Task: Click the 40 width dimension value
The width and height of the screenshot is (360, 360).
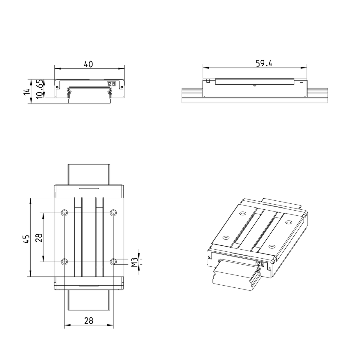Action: pyautogui.click(x=88, y=64)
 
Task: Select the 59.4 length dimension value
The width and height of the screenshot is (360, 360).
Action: pyautogui.click(x=264, y=64)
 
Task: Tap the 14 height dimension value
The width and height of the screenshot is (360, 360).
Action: pyautogui.click(x=27, y=92)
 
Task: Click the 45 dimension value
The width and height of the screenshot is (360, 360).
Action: pyautogui.click(x=26, y=239)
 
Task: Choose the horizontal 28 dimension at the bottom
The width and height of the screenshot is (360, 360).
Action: pyautogui.click(x=88, y=321)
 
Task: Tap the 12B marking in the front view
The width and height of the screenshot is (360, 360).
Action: pyautogui.click(x=111, y=84)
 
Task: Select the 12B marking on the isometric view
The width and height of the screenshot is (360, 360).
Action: pyautogui.click(x=260, y=264)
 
